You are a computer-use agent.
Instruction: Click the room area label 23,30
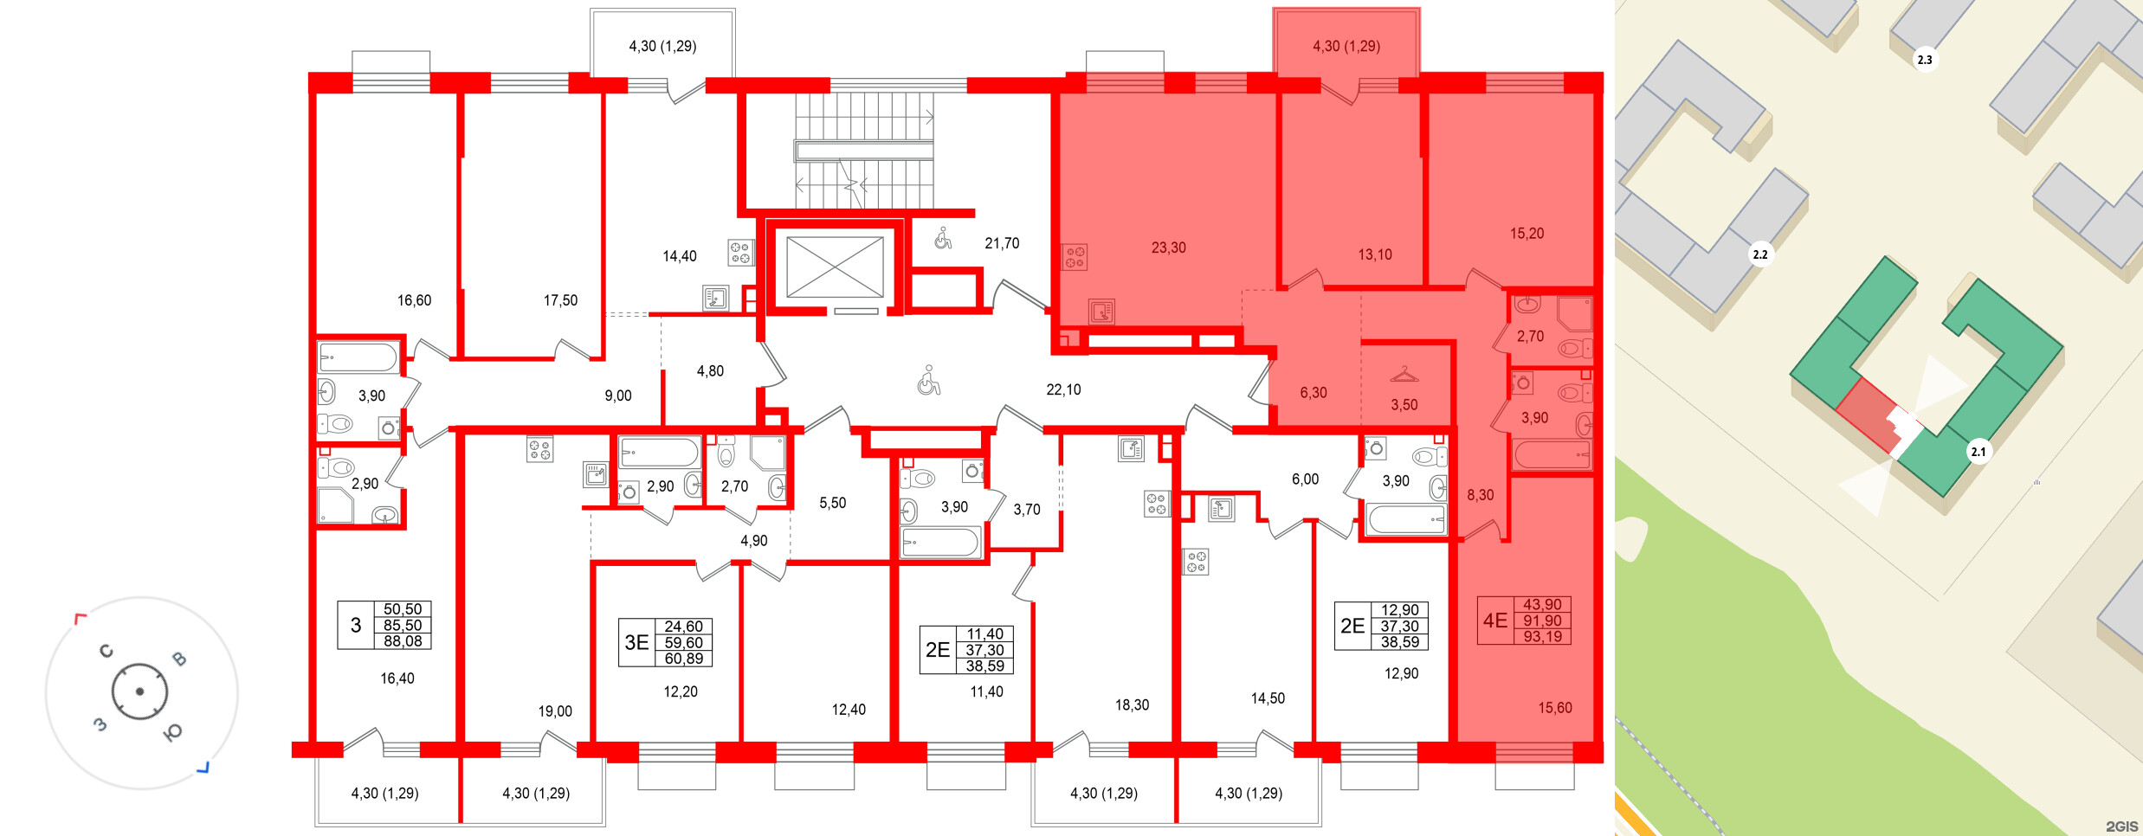pyautogui.click(x=1168, y=248)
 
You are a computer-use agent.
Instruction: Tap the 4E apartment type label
pyautogui.click(x=1495, y=621)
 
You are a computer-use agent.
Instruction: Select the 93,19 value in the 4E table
pyautogui.click(x=1542, y=637)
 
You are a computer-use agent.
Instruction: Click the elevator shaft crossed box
pyautogui.click(x=835, y=267)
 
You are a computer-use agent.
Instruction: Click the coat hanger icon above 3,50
pyautogui.click(x=1404, y=375)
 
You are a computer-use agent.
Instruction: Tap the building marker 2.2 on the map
pyautogui.click(x=1760, y=254)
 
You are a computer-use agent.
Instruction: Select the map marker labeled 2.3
pyautogui.click(x=1924, y=60)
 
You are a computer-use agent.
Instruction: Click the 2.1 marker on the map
pyautogui.click(x=1978, y=452)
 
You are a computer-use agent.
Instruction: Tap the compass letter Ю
pyautogui.click(x=172, y=733)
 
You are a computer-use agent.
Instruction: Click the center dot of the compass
pyautogui.click(x=139, y=691)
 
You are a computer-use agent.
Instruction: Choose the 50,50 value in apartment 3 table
pyautogui.click(x=403, y=609)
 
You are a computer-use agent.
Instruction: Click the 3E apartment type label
pyautogui.click(x=636, y=642)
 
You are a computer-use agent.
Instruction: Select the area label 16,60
pyautogui.click(x=414, y=300)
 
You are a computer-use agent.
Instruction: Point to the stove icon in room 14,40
pyautogui.click(x=739, y=253)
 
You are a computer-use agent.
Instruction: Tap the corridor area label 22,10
pyautogui.click(x=1063, y=389)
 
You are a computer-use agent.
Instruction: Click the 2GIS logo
pyautogui.click(x=2121, y=826)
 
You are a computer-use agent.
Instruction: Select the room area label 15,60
pyautogui.click(x=1554, y=708)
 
